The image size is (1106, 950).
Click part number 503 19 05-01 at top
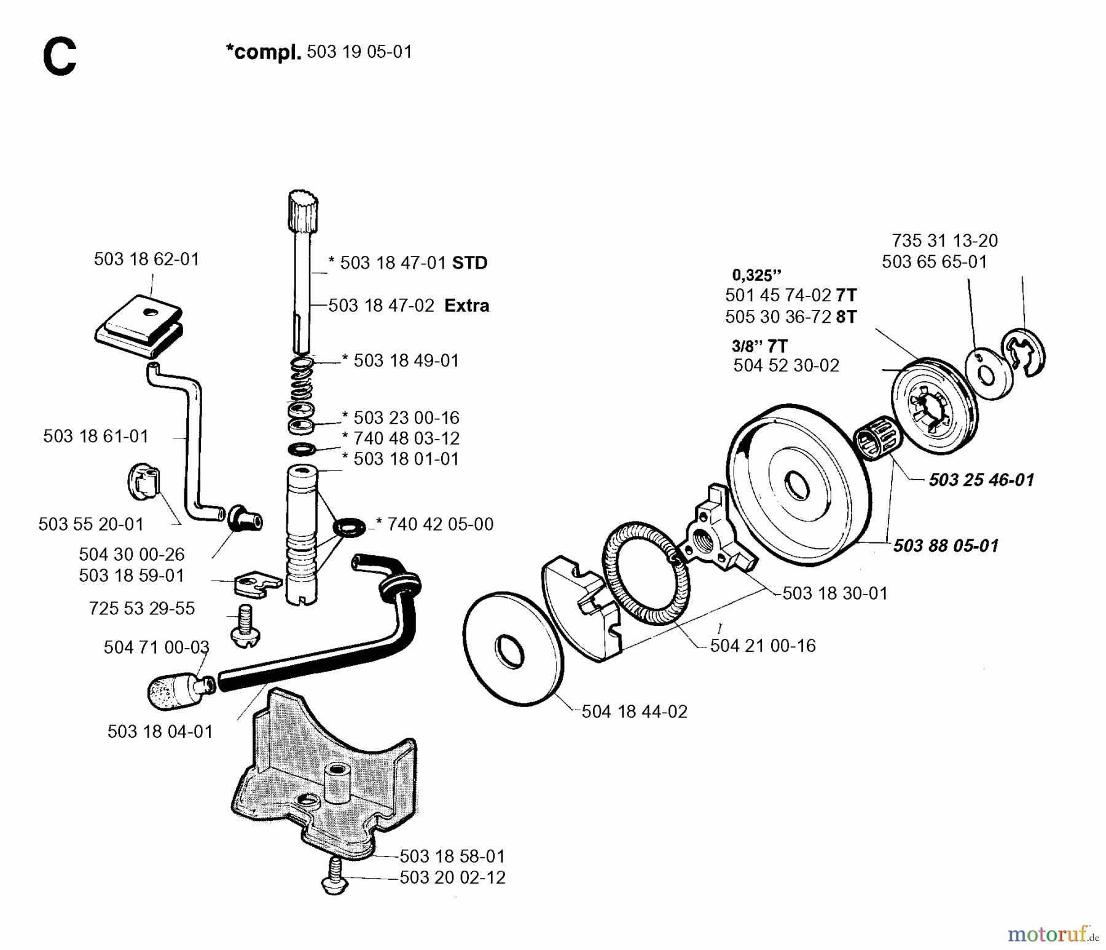click(x=359, y=52)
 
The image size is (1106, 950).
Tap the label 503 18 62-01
click(x=146, y=259)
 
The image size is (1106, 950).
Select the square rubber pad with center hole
click(x=140, y=328)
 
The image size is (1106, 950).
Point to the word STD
click(x=469, y=263)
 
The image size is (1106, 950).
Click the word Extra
click(x=466, y=306)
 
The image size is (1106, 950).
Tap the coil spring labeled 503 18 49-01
click(x=302, y=381)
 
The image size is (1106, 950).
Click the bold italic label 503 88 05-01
click(x=946, y=545)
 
